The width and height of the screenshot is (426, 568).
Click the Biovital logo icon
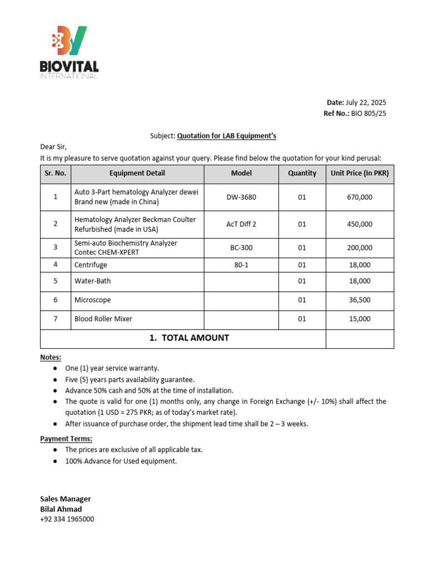pyautogui.click(x=69, y=41)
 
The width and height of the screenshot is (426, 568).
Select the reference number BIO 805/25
pyautogui.click(x=368, y=113)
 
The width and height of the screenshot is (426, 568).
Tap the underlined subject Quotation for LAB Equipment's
pyautogui.click(x=226, y=136)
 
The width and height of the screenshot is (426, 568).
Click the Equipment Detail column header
pyautogui.click(x=137, y=173)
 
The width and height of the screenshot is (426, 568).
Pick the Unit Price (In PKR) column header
pyautogui.click(x=359, y=173)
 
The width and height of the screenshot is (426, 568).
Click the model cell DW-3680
pyautogui.click(x=241, y=197)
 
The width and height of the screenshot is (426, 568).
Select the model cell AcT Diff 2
pyautogui.click(x=241, y=224)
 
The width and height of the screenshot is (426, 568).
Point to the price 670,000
pyautogui.click(x=359, y=197)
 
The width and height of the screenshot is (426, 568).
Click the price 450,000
pyautogui.click(x=359, y=224)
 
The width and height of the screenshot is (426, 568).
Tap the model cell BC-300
pyautogui.click(x=241, y=247)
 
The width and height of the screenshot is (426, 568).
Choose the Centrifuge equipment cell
pyautogui.click(x=92, y=265)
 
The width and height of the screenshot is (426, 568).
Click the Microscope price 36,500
pyautogui.click(x=359, y=300)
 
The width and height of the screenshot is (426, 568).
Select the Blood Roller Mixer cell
pyautogui.click(x=103, y=319)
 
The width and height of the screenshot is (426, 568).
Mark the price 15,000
pyautogui.click(x=359, y=319)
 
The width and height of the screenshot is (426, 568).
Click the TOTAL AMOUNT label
pyautogui.click(x=189, y=338)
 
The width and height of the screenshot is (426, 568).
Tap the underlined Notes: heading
pyautogui.click(x=50, y=357)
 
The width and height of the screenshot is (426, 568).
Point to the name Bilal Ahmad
pyautogui.click(x=61, y=509)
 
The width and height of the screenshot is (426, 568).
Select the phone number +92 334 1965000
pyautogui.click(x=67, y=519)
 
